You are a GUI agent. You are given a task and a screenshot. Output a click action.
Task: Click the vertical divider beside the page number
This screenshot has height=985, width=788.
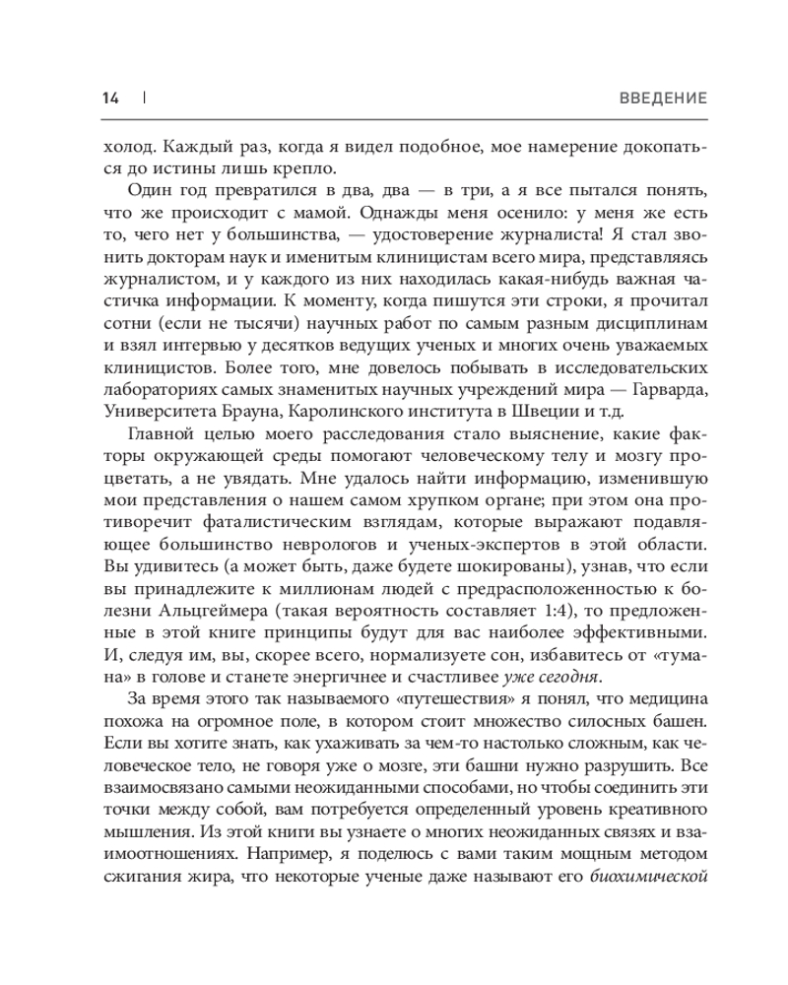point(143,98)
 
